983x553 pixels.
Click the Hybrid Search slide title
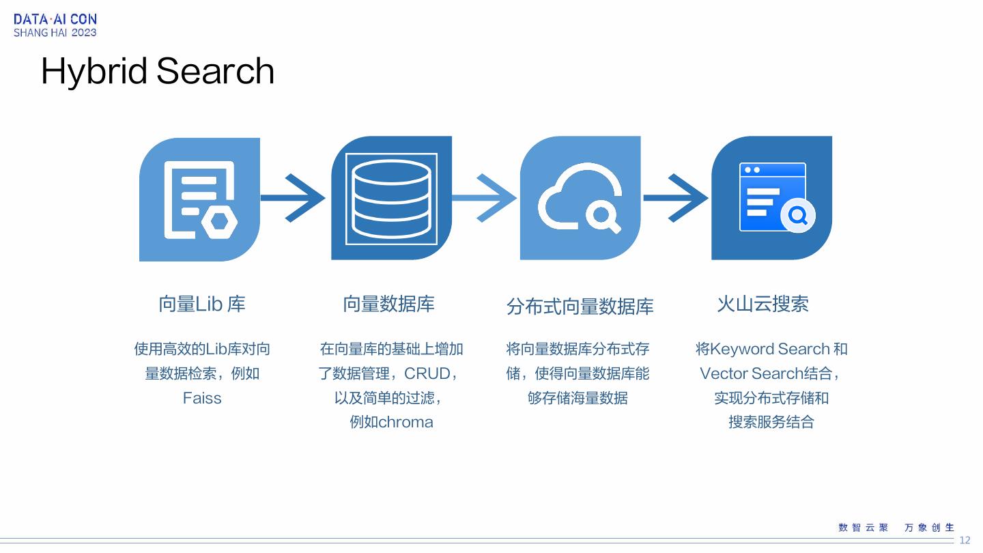click(x=158, y=71)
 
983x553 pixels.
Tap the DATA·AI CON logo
click(x=55, y=25)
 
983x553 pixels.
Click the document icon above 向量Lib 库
click(x=199, y=199)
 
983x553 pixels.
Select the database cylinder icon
click(x=391, y=198)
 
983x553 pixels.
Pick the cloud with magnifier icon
click(x=580, y=198)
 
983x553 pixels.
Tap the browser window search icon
click(x=772, y=198)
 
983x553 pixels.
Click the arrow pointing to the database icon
click(x=294, y=198)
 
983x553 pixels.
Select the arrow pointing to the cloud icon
click(x=485, y=198)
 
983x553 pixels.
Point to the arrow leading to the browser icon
click(x=676, y=198)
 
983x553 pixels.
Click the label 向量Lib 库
click(x=201, y=304)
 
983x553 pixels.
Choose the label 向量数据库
click(x=388, y=304)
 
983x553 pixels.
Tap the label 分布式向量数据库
click(x=580, y=307)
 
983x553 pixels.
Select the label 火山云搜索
click(x=763, y=304)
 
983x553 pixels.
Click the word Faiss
click(x=202, y=398)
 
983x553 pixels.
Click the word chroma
click(x=405, y=422)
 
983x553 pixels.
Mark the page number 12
click(x=965, y=541)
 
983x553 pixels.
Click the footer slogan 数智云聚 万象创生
click(x=896, y=528)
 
